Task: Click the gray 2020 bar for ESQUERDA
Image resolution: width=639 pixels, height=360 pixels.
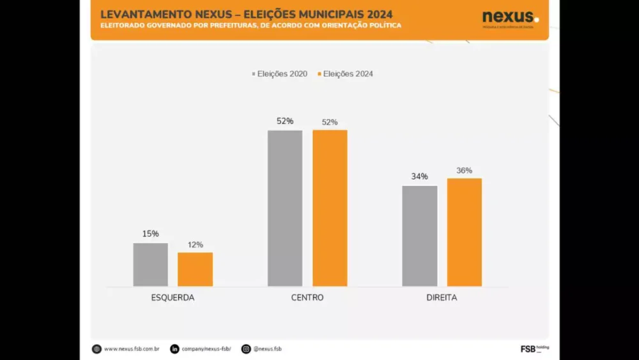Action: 151,265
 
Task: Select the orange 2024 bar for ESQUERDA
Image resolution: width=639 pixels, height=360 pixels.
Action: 195,269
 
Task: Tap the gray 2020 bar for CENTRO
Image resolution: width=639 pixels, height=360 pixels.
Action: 285,208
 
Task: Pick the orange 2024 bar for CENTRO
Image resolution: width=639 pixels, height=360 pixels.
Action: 330,208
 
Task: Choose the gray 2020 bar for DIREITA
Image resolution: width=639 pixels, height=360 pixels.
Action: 420,236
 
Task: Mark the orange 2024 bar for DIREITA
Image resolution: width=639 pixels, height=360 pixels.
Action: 465,232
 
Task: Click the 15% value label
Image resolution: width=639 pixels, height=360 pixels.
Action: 151,234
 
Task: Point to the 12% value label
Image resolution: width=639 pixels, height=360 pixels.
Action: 196,244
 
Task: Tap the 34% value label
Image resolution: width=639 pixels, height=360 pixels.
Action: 420,176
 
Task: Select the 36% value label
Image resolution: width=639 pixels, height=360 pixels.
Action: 465,171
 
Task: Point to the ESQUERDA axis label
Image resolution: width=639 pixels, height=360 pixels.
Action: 173,298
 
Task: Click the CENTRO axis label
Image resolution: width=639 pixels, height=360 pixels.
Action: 307,298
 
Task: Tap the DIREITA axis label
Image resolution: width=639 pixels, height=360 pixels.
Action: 442,298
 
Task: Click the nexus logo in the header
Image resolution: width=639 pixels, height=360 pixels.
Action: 510,18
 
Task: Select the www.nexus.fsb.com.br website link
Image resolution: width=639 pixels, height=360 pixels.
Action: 131,349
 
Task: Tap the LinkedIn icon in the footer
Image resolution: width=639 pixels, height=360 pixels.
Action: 174,349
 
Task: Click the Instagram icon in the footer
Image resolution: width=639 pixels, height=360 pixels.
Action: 246,349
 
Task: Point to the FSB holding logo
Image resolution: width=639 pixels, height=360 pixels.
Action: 534,348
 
